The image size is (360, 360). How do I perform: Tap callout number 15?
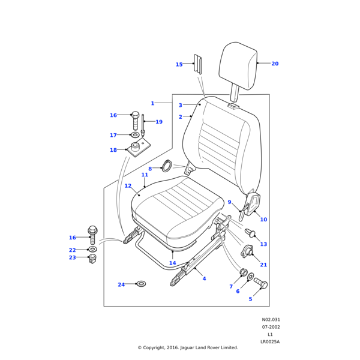coord(179,65)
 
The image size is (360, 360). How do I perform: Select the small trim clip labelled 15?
coord(197,64)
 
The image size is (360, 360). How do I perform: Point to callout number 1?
coord(152,103)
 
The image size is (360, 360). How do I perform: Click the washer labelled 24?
coord(141,283)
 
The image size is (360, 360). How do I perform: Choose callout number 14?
coord(172,263)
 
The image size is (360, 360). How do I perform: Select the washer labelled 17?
coord(135,135)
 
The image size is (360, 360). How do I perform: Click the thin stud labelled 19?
coord(143,126)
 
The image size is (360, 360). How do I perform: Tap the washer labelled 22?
coord(92,249)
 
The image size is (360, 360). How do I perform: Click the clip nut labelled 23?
coord(92,259)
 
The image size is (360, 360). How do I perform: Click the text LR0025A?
coord(269,341)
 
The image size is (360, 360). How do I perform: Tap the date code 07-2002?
coord(270,327)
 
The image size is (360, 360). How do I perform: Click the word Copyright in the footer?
coord(161,347)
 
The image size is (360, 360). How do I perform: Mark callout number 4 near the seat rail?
coord(204,278)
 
